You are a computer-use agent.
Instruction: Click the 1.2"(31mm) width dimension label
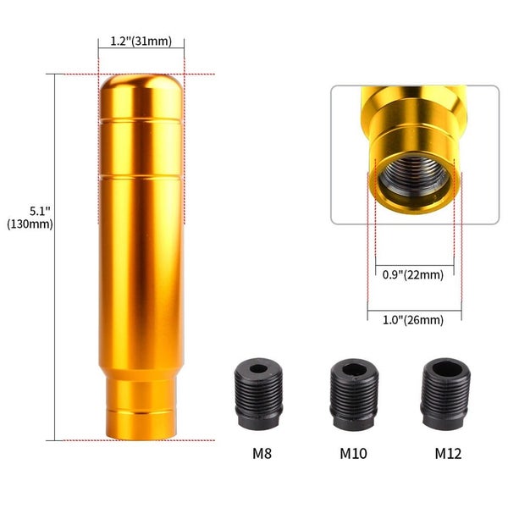(141, 41)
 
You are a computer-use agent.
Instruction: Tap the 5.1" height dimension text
(40, 211)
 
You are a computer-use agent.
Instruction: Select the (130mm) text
(30, 224)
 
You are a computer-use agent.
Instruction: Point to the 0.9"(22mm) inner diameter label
(413, 274)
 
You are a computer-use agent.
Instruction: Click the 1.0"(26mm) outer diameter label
(413, 320)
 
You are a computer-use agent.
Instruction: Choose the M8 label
(262, 453)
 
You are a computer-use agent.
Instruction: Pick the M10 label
(353, 453)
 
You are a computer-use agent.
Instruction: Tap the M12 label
(448, 453)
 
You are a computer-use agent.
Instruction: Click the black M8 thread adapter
(258, 394)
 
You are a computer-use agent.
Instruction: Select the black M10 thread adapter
(354, 394)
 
